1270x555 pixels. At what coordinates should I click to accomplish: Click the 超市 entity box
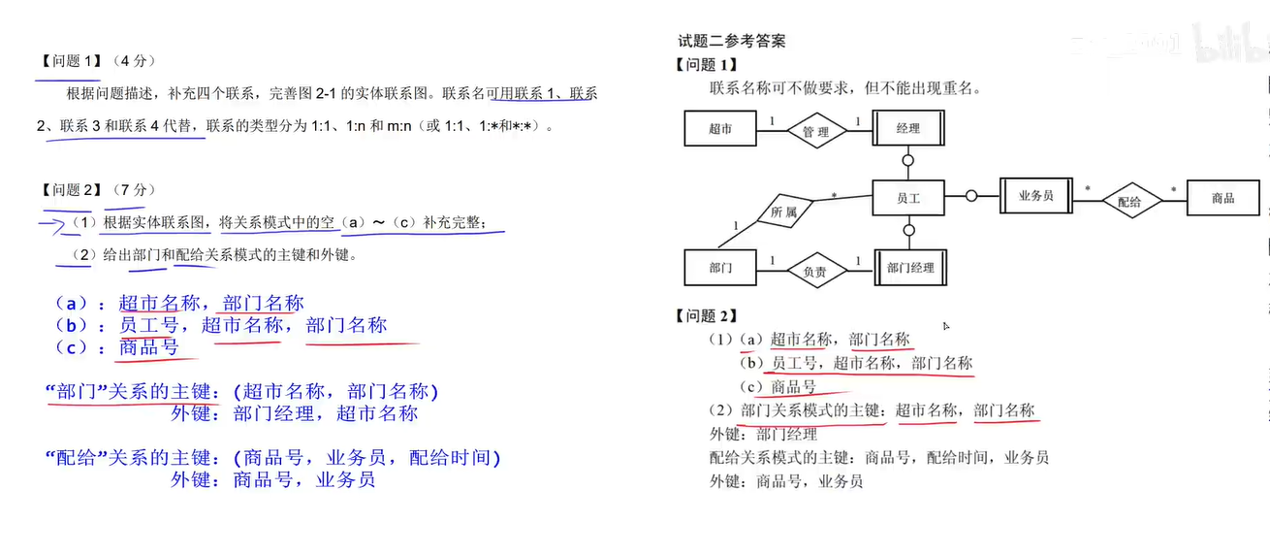[x=720, y=128]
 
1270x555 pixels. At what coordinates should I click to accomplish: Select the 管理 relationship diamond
[x=815, y=131]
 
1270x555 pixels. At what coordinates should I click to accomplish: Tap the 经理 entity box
[x=907, y=128]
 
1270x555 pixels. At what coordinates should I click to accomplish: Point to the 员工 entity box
[x=907, y=198]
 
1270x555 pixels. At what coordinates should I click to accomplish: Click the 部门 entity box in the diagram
[x=720, y=267]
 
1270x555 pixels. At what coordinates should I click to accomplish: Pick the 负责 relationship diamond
[x=815, y=272]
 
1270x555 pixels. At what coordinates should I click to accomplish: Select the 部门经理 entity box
[x=910, y=267]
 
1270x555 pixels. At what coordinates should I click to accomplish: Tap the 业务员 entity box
[x=1035, y=196]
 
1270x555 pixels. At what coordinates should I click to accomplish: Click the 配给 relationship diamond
[x=1129, y=201]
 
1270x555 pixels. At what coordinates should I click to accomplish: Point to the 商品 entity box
[x=1222, y=198]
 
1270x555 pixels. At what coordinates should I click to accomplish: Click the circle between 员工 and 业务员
[x=970, y=197]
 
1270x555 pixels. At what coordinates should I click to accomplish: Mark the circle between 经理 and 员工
[x=908, y=160]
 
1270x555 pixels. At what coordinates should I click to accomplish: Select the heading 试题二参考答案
[x=732, y=41]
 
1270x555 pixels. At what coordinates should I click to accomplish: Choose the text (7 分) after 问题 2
[x=134, y=190]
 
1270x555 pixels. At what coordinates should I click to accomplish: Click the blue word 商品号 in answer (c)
[x=149, y=347]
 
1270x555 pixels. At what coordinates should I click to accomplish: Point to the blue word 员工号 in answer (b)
[x=148, y=325]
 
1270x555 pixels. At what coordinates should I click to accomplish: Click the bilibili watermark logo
[x=1231, y=44]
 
